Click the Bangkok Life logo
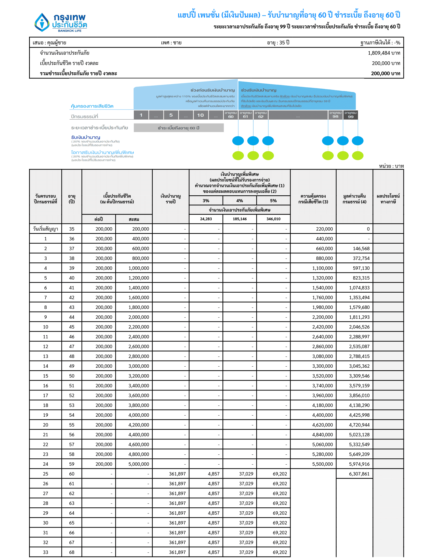[61, 23]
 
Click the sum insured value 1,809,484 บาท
[383, 53]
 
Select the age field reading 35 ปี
[278, 42]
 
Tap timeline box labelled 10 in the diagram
[200, 115]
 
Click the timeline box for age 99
[350, 115]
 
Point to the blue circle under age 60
[238, 141]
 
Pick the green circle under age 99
[358, 156]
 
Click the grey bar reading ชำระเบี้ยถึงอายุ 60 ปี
[179, 128]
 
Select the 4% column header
[239, 201]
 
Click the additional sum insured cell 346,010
[273, 219]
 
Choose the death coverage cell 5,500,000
[322, 464]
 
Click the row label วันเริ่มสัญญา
[46, 229]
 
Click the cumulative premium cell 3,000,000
[139, 366]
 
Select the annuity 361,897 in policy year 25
[177, 474]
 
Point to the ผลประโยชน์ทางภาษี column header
[388, 199]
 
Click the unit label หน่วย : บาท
[391, 166]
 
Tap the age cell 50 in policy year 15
[72, 376]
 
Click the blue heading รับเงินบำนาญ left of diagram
[86, 137]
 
